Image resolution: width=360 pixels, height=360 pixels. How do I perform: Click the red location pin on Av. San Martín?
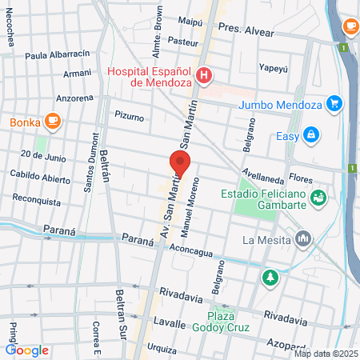tap(180, 164)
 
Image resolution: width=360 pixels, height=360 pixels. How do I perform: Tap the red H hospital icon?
tap(204, 77)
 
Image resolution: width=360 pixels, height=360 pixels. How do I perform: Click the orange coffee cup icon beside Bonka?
tap(53, 122)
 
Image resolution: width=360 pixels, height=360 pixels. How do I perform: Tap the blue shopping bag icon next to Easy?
tap(310, 135)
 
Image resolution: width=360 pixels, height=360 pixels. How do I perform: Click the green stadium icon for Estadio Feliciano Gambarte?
tap(318, 195)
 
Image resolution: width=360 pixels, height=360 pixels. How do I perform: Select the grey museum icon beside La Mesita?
tap(303, 238)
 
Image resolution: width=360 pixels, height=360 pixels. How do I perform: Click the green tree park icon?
tap(270, 278)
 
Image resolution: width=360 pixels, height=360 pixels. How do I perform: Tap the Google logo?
tap(27, 350)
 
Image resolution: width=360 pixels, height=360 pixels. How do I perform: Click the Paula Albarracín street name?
tap(58, 55)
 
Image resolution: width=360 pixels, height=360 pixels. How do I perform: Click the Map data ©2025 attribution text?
tap(325, 353)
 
